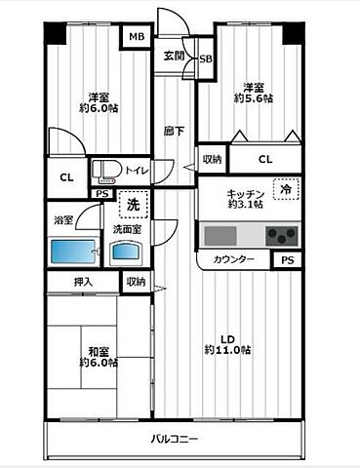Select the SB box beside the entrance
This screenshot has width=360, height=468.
206,59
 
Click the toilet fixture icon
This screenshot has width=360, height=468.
105,172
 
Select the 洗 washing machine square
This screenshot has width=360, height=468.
133,205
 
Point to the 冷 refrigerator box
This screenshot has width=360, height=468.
284,192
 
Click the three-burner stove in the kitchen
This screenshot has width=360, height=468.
284,235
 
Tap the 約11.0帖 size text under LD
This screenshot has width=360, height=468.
227,349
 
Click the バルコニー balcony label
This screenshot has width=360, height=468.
176,440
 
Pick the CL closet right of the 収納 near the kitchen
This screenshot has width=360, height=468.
264,159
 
